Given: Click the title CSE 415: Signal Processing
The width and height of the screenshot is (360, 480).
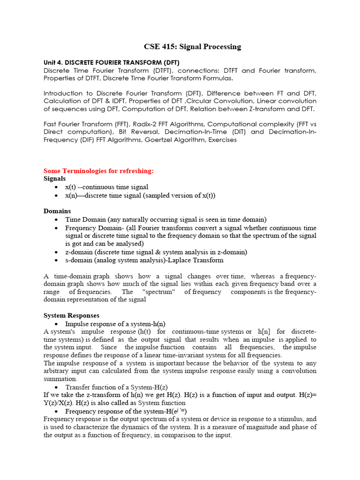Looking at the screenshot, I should [x=192, y=46].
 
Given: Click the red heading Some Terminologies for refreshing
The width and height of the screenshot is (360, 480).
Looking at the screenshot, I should [x=98, y=171].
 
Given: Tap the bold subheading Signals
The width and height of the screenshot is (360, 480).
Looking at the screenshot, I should [x=55, y=179].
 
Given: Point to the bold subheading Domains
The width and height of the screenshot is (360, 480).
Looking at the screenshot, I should [x=57, y=211].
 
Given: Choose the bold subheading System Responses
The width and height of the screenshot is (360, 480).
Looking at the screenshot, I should [x=71, y=315].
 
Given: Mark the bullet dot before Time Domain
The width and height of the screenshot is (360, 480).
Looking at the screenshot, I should [x=56, y=220].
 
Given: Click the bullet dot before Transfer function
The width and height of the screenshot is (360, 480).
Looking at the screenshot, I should [x=56, y=388].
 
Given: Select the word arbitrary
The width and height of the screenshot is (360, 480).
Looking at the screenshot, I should [x=56, y=371].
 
